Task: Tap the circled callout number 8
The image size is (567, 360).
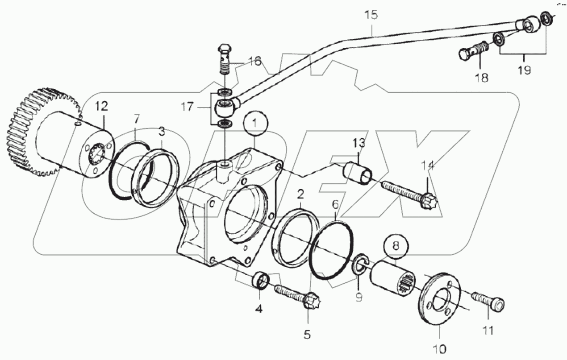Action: pyautogui.click(x=396, y=245)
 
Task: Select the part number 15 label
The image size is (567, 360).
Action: pyautogui.click(x=371, y=15)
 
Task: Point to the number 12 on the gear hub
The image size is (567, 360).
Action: pyautogui.click(x=101, y=106)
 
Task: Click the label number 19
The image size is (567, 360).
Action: pyautogui.click(x=525, y=70)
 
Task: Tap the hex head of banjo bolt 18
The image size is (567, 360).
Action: pyautogui.click(x=465, y=55)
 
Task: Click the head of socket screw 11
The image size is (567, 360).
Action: pyautogui.click(x=498, y=304)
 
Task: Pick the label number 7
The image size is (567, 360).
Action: pyautogui.click(x=137, y=120)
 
